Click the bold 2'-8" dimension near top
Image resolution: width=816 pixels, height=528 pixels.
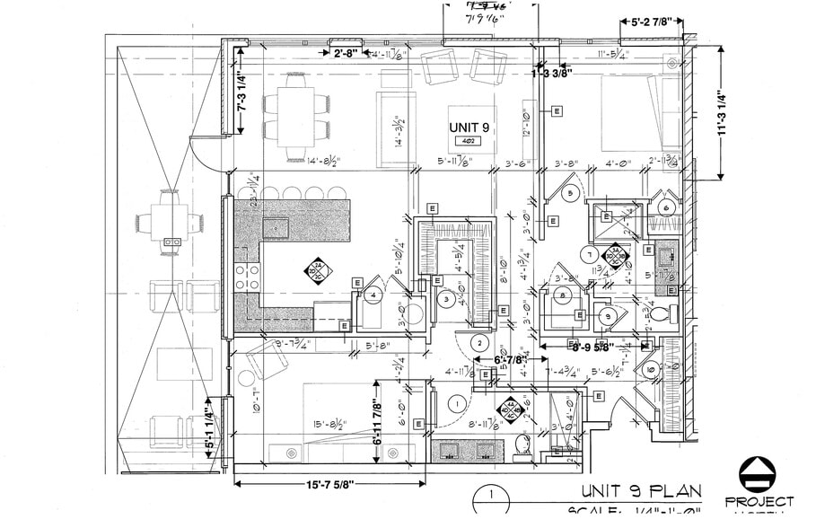[346, 54]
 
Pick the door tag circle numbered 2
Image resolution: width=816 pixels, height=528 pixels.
[480, 342]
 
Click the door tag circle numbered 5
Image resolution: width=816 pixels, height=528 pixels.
[569, 193]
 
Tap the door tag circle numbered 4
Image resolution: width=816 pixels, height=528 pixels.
[373, 294]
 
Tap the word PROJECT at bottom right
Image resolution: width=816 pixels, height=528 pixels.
[759, 501]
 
